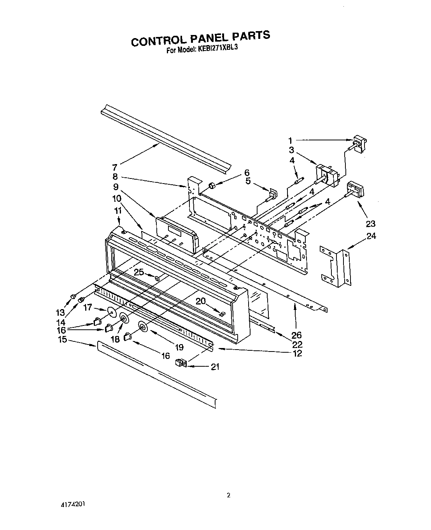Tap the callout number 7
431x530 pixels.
[x=114, y=168]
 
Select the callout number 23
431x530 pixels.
[x=370, y=224]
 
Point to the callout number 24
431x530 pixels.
[x=371, y=236]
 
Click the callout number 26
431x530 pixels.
[x=296, y=335]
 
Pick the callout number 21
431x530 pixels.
[x=214, y=366]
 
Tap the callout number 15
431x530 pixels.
[x=62, y=339]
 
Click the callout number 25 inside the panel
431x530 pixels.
[x=139, y=273]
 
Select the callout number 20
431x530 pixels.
[x=200, y=301]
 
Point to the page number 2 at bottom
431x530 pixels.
[x=229, y=495]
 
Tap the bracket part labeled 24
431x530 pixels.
[x=335, y=266]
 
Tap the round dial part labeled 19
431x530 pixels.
[x=143, y=328]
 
